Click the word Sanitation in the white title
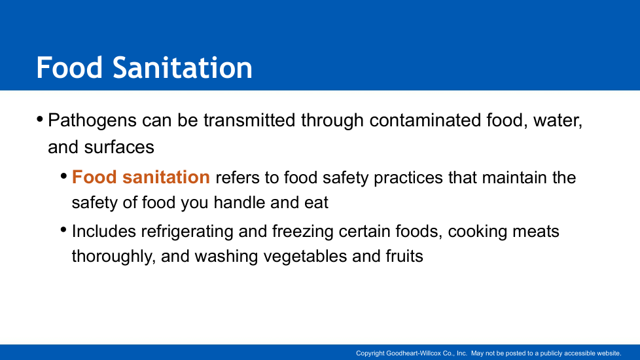tap(183, 67)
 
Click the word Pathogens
tap(92, 121)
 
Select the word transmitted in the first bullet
tap(249, 120)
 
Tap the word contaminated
tap(425, 120)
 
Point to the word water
tap(558, 121)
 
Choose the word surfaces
tap(119, 147)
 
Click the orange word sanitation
tap(166, 177)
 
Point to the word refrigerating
tap(187, 232)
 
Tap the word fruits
tap(404, 256)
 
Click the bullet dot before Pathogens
tap(40, 120)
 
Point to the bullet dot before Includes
tap(63, 230)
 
